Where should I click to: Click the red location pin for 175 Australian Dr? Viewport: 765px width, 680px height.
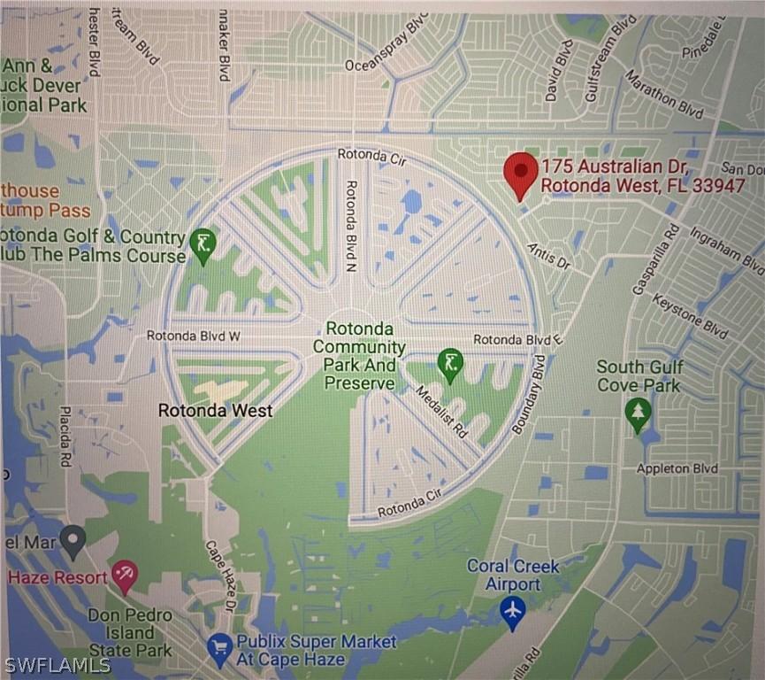click(x=520, y=173)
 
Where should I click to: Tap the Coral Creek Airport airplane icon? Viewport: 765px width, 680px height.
click(x=512, y=611)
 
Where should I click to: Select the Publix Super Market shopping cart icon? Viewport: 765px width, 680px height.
click(x=219, y=651)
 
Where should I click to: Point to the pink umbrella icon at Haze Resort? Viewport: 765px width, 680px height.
click(x=125, y=576)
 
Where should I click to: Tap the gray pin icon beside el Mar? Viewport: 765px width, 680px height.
click(x=73, y=538)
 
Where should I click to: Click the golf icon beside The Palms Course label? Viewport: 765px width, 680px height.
click(x=203, y=243)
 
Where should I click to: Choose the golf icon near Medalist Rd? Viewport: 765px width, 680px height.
click(x=451, y=363)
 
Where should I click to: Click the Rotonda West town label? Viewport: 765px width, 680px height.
click(x=215, y=411)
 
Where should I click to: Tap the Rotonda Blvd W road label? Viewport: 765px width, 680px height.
click(x=193, y=336)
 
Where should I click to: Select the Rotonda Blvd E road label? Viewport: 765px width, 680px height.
click(x=518, y=340)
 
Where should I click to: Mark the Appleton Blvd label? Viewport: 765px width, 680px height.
click(x=677, y=468)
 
